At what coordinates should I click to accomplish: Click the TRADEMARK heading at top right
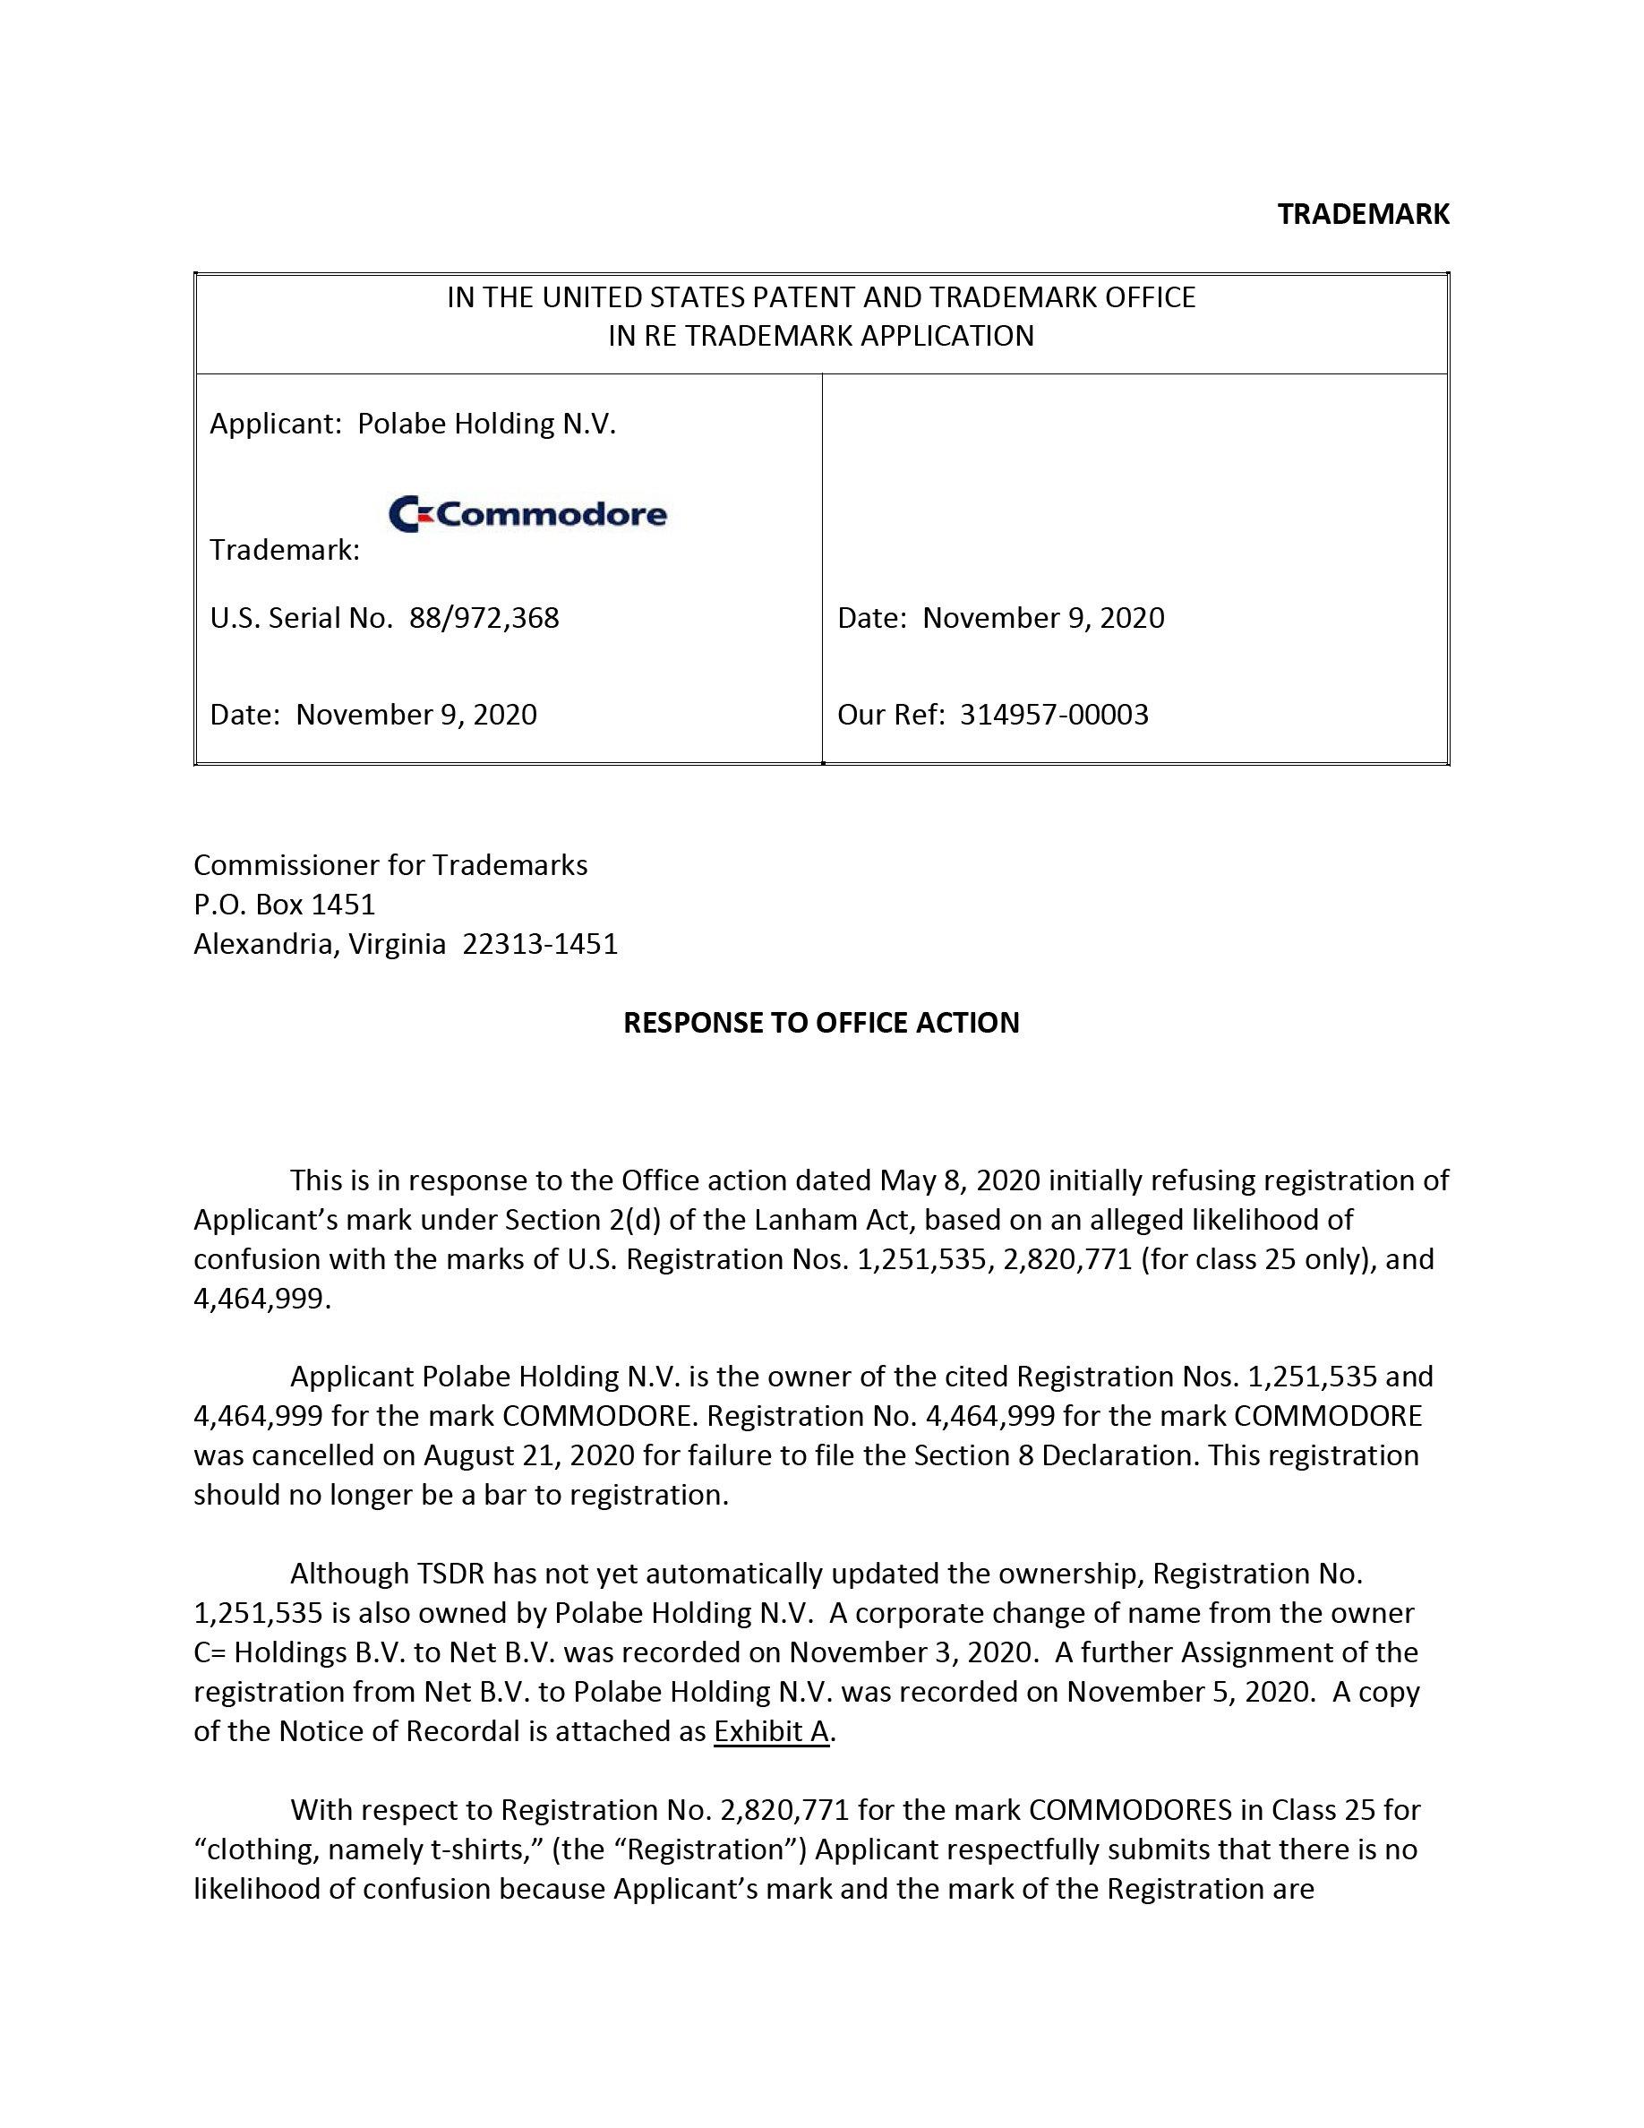[x=1363, y=214]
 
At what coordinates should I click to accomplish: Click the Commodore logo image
[x=527, y=513]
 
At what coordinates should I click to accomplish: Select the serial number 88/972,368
[x=484, y=618]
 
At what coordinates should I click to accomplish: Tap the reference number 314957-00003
[x=1054, y=714]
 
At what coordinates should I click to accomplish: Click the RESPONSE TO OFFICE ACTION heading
[x=821, y=1022]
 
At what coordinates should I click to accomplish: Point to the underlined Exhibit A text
[x=770, y=1730]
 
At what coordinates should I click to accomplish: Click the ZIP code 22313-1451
[x=540, y=944]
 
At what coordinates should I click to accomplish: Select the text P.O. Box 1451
[x=285, y=905]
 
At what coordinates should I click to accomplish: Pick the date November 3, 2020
[x=911, y=1652]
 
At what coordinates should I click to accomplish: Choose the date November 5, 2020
[x=1188, y=1692]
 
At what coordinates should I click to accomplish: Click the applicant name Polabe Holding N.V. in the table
[x=487, y=424]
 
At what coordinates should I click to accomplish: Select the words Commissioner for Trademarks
[x=390, y=864]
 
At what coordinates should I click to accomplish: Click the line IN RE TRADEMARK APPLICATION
[x=821, y=336]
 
